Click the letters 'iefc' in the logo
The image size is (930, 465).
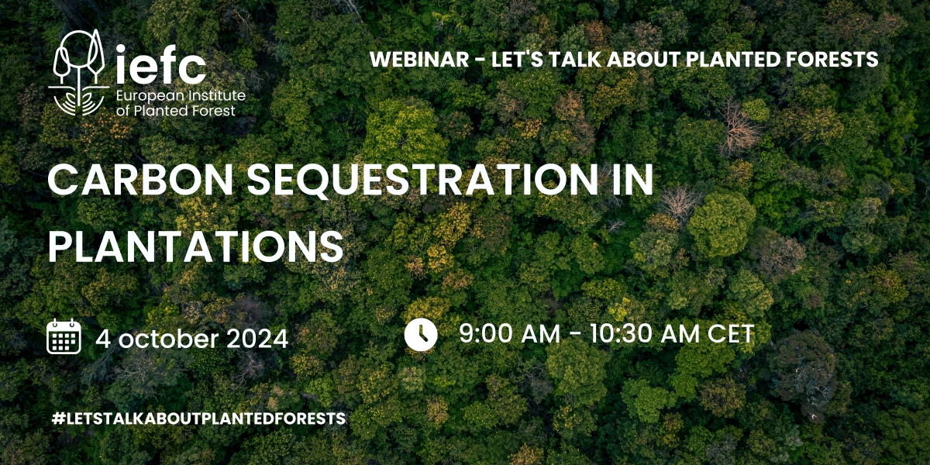(x=159, y=67)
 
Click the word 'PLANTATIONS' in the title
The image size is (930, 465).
(x=195, y=246)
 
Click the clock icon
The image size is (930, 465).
(x=421, y=335)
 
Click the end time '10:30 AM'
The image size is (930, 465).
(x=634, y=334)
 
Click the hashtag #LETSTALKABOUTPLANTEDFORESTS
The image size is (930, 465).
(x=197, y=418)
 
